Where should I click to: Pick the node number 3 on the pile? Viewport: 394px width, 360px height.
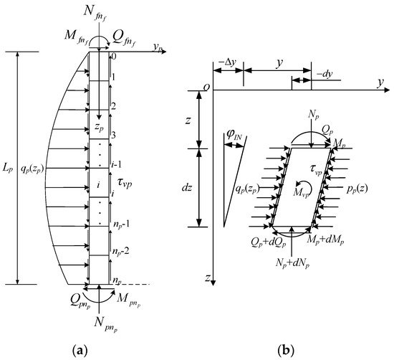pos(113,136)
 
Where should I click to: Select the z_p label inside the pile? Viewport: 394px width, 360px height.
pos(99,128)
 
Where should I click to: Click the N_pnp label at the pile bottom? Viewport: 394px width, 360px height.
pos(107,323)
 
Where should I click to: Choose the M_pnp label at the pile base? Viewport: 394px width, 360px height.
pos(129,300)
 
